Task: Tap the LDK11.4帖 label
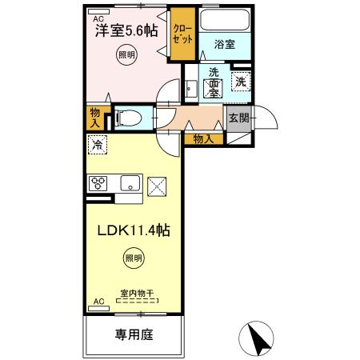[x=133, y=229]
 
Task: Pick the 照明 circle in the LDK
[x=134, y=258]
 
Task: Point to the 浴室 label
[x=224, y=45]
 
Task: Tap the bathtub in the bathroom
[x=224, y=22]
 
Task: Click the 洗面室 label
[x=214, y=82]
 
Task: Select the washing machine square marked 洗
[x=240, y=79]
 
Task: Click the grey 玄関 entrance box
[x=238, y=118]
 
